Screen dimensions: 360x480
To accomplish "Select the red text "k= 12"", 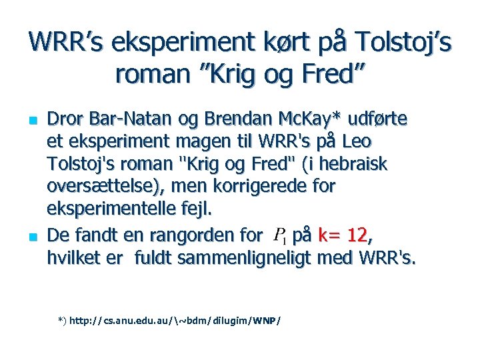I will coord(343,235).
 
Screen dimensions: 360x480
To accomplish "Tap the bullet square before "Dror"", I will coord(31,121).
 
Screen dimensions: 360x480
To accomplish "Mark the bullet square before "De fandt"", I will coord(31,236).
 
